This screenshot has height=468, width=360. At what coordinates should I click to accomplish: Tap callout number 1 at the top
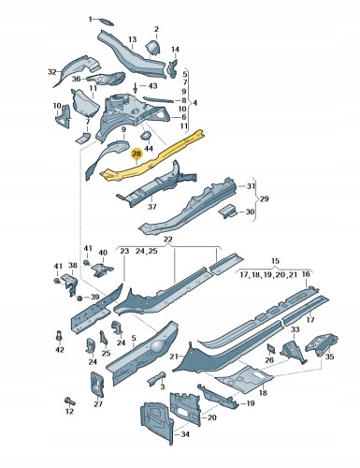pos(91,19)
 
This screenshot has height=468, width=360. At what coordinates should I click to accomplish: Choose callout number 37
pos(152,207)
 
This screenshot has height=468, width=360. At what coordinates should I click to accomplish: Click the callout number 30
pos(249,212)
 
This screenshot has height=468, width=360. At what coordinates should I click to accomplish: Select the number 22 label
pos(168,241)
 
